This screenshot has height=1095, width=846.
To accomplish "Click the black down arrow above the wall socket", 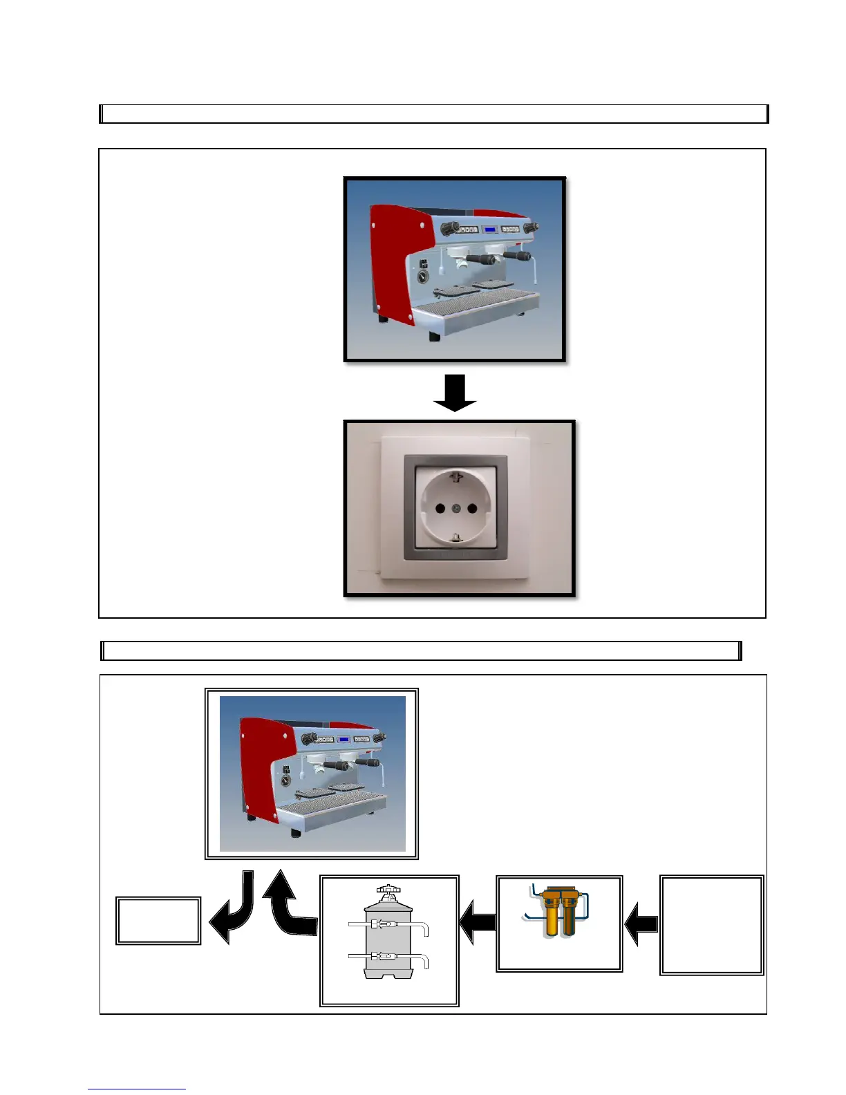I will (x=455, y=393).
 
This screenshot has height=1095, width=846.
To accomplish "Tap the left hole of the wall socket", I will (x=440, y=509).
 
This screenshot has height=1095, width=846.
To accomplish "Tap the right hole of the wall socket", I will (x=473, y=509).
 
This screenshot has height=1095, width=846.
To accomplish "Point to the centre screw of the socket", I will (x=456, y=509).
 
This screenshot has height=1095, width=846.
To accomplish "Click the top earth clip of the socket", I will (x=455, y=476).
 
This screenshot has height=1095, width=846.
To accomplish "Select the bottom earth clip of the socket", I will (x=456, y=537).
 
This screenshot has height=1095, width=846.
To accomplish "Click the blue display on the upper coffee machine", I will (x=490, y=229).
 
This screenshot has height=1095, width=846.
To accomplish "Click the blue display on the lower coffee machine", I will (x=344, y=739).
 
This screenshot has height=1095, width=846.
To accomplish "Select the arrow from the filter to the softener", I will (x=478, y=923).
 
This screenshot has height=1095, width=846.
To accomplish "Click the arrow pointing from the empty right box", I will (x=641, y=923).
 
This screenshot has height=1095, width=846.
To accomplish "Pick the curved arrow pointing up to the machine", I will (x=290, y=906).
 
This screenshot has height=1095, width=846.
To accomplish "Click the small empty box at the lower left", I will (x=158, y=921).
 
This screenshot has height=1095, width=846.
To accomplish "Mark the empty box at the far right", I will (x=712, y=925).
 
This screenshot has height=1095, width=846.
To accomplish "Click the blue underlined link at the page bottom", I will (x=137, y=1089).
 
